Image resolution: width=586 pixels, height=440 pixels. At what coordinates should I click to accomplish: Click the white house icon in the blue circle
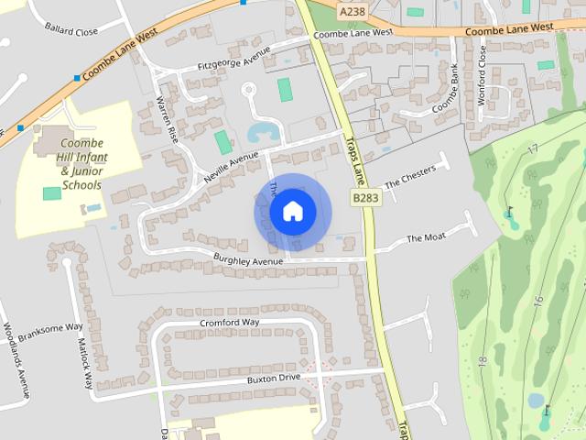292,211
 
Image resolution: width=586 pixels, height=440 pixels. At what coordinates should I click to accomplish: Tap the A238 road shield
353,11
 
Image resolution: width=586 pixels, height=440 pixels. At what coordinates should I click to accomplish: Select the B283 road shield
365,198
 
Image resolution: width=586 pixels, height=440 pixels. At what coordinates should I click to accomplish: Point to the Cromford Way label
230,322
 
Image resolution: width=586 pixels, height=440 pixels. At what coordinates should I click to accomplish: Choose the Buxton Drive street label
274,378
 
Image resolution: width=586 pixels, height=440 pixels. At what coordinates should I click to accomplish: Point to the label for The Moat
426,238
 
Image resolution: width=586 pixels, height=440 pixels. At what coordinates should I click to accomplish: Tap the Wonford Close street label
483,76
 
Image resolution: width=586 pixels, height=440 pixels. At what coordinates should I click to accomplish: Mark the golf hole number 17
533,148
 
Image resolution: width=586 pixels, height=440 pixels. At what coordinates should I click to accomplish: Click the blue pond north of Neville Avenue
264,132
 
